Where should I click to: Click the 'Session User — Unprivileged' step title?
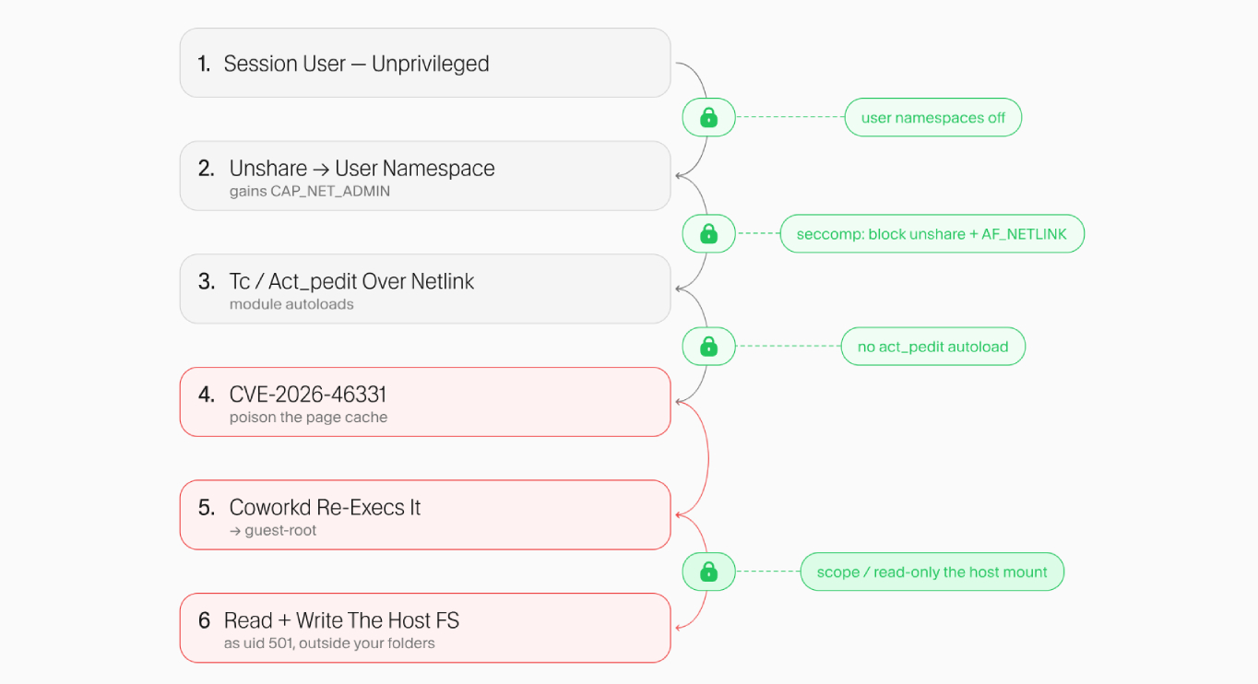[x=356, y=64]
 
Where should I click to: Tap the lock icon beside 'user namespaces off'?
[x=708, y=117]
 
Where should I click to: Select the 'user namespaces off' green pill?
[x=932, y=117]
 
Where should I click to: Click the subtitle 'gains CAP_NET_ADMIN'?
[x=310, y=192]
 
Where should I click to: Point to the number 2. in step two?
[x=206, y=169]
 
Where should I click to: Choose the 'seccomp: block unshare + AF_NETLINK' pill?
[x=932, y=233]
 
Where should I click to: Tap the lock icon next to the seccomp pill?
[x=708, y=233]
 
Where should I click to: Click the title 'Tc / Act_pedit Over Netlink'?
[x=351, y=281]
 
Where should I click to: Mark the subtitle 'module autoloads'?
[x=291, y=304]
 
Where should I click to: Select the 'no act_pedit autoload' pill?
[x=932, y=347]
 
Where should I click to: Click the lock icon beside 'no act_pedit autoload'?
[x=708, y=347]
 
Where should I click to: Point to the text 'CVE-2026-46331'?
[x=308, y=395]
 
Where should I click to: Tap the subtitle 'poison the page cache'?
[x=308, y=418]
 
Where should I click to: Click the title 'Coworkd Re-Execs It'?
[x=325, y=507]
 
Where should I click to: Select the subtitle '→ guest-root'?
[x=273, y=530]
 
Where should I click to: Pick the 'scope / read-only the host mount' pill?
[x=932, y=572]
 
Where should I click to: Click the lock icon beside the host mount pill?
[x=708, y=572]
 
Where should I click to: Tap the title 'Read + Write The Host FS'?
[x=341, y=620]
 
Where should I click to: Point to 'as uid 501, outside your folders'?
[x=329, y=643]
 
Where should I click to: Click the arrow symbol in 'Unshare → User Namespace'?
[x=321, y=169]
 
